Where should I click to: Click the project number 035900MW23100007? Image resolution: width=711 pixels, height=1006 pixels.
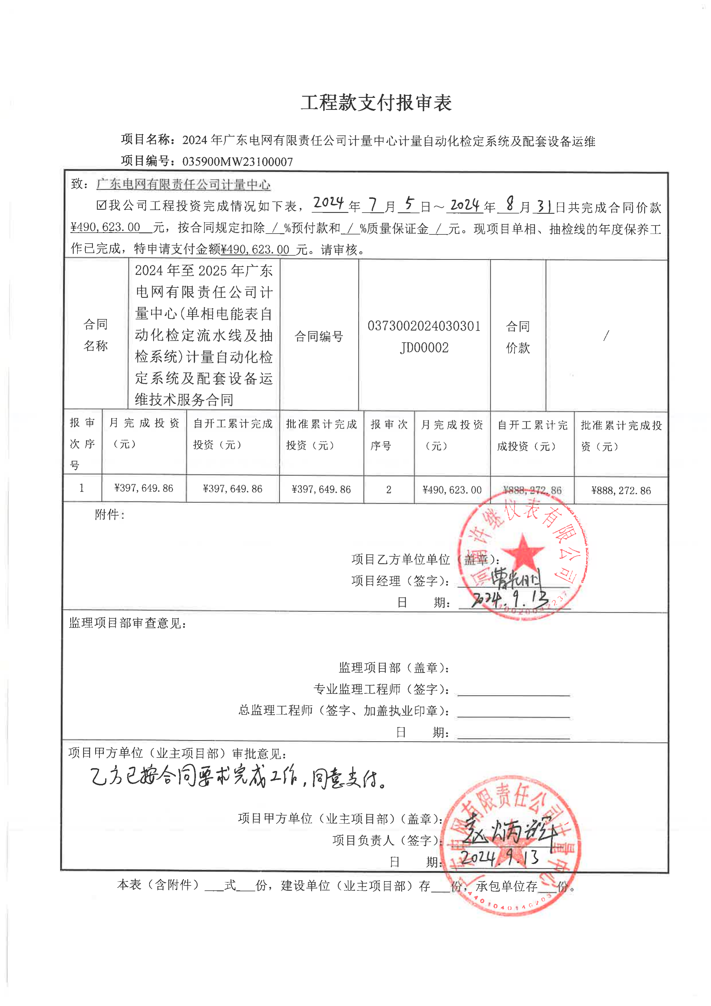click(237, 162)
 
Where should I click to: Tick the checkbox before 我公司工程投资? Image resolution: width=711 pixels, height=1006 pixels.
click(101, 205)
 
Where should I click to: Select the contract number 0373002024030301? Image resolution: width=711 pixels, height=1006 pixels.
click(424, 326)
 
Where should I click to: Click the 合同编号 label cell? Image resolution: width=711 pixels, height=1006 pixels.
click(319, 336)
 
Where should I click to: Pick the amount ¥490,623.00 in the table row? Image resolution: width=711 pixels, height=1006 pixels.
click(452, 490)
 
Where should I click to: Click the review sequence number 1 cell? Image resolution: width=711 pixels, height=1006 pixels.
click(82, 488)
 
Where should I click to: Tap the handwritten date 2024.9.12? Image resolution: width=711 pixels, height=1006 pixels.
click(510, 598)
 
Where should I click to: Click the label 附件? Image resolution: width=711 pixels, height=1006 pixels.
click(110, 515)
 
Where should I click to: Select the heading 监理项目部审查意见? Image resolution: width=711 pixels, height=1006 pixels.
click(127, 623)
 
